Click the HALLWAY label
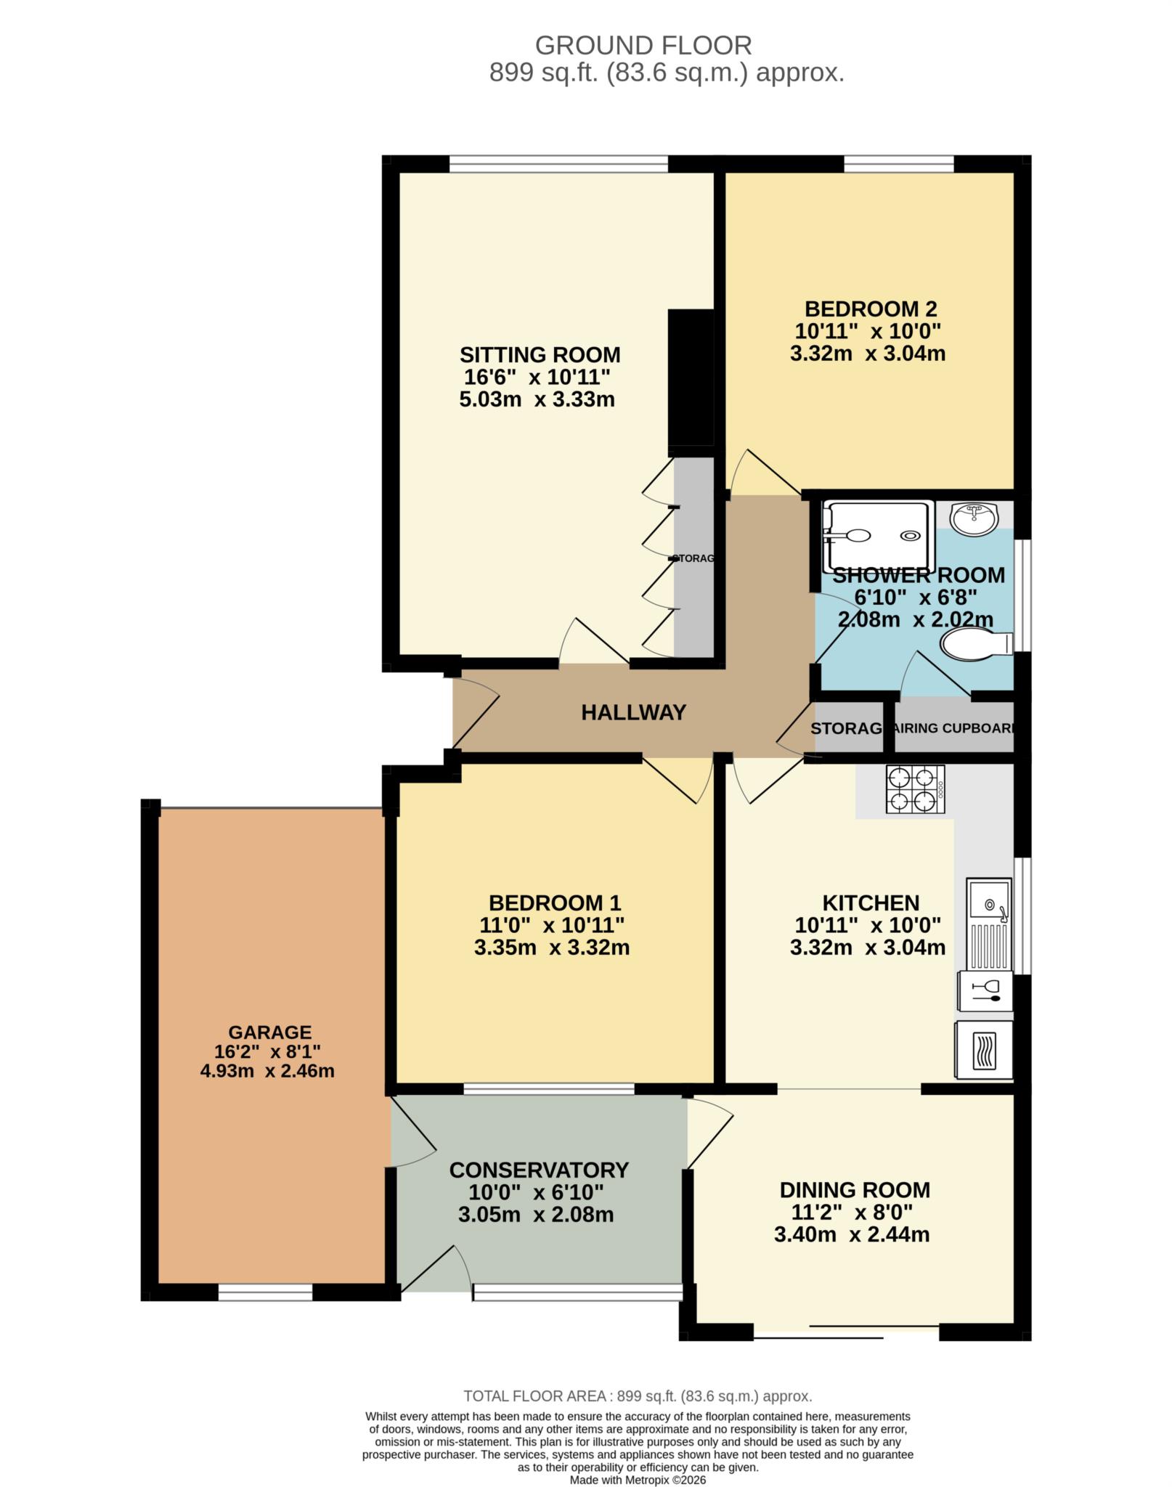point(633,712)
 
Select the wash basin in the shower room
point(975,518)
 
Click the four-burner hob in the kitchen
point(915,789)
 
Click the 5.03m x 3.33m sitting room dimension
point(537,399)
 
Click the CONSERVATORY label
point(538,1170)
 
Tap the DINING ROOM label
point(854,1189)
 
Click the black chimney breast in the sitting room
point(691,378)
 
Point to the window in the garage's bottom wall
point(265,1292)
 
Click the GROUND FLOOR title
point(643,46)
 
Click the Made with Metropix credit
point(637,1479)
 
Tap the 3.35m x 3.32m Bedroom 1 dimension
point(551,948)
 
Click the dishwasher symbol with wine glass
point(985,991)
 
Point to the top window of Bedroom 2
point(898,164)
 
